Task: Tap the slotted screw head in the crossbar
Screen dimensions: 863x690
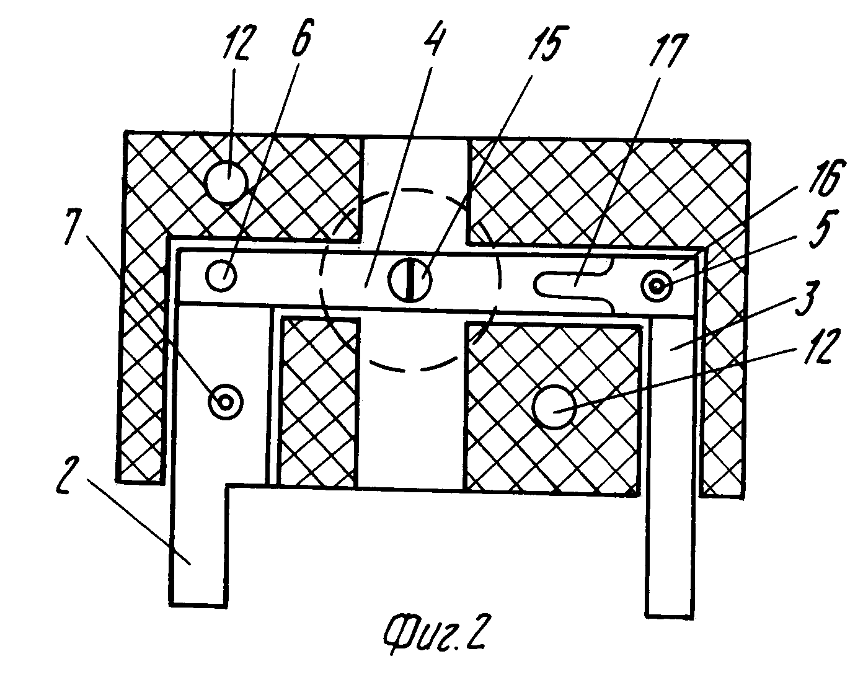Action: [410, 279]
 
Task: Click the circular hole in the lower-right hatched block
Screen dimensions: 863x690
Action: [554, 407]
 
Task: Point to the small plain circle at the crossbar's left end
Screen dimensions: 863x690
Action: [221, 275]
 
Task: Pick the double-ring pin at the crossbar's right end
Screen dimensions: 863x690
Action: [657, 286]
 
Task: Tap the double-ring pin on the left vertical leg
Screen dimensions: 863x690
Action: [226, 402]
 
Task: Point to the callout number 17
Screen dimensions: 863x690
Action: [668, 50]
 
